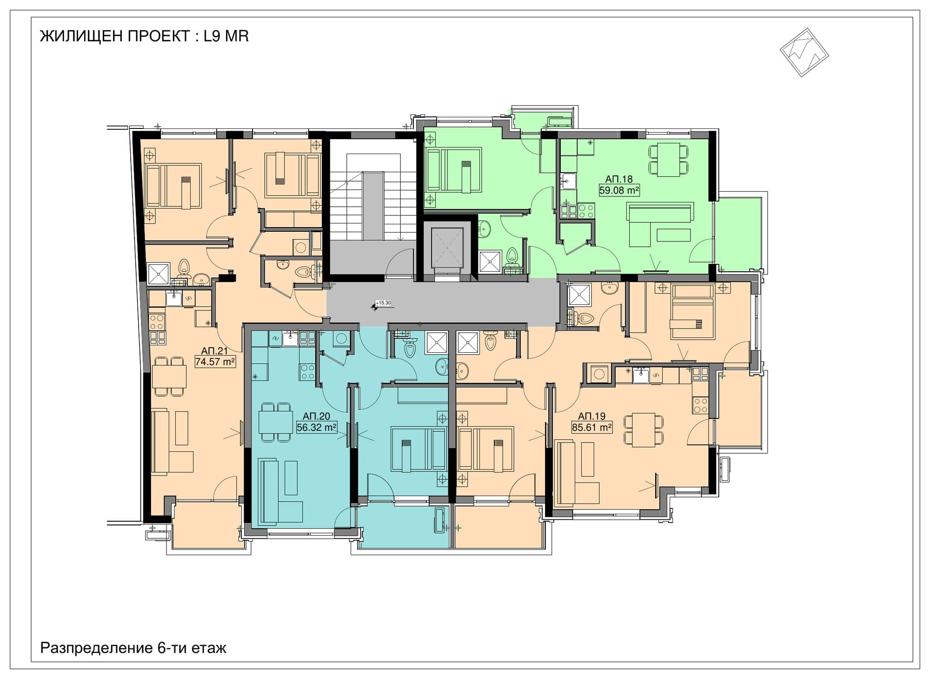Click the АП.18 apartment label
point(619,179)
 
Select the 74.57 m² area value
point(215,362)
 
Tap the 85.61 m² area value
point(591,427)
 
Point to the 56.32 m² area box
point(317,427)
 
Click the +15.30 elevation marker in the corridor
point(382,303)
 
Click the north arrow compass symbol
point(804,52)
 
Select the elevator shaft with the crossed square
point(447,248)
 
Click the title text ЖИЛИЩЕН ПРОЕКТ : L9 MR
point(145,36)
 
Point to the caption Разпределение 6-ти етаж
point(133,647)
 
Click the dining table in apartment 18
point(668,160)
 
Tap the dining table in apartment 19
point(644,430)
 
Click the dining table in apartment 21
point(169,376)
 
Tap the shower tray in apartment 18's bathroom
point(490,262)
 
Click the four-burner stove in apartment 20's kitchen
point(307,371)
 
